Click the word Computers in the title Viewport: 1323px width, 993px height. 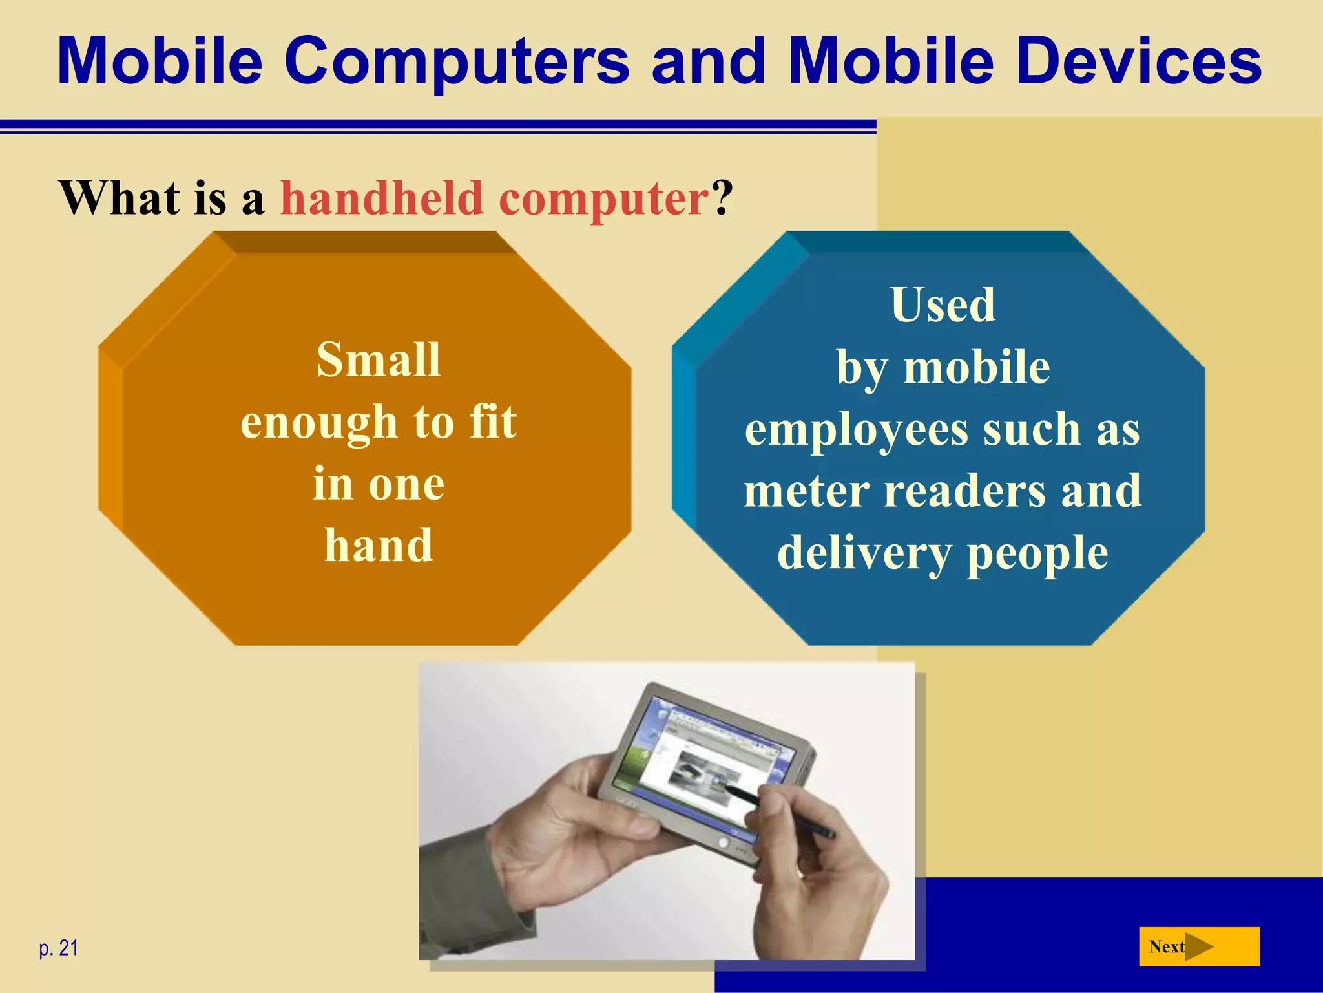click(x=457, y=61)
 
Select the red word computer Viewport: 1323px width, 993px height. click(x=604, y=199)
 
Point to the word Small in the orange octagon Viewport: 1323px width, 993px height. click(x=379, y=359)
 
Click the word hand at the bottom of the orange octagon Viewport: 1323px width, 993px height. click(x=379, y=546)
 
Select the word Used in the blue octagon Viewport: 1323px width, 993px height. click(x=943, y=304)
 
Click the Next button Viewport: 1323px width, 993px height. click(x=1198, y=947)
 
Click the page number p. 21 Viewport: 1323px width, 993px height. click(x=59, y=948)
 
